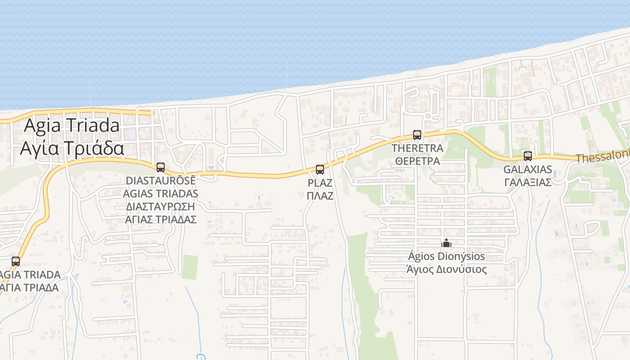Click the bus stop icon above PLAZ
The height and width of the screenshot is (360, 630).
coord(320,170)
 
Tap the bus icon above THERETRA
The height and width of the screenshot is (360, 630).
coord(417,135)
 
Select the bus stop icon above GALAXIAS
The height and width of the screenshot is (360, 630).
coord(528,156)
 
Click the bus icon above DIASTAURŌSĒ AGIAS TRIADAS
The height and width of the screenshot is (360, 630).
coord(161,167)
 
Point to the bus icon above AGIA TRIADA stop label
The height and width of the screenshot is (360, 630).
coord(16,261)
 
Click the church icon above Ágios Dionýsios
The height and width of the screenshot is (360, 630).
coord(446,243)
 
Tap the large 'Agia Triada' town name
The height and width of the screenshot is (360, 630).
coord(72,125)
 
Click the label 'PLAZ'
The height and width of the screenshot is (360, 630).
coord(320,183)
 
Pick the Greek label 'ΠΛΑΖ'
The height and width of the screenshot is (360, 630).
coord(320,196)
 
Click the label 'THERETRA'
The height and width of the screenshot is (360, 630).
coord(417,148)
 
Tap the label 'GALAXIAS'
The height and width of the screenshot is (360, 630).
coord(528,170)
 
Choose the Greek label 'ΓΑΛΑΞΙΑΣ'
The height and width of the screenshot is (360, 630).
coord(528,182)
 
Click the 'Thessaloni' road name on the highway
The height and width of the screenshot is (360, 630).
coord(603,157)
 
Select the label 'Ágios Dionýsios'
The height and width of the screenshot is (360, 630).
coord(446,256)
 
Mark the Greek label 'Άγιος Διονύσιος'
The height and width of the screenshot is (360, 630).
coord(446,270)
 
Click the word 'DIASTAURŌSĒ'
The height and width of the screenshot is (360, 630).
coord(161,180)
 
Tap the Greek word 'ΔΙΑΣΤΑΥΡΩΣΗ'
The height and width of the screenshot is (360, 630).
coord(161,207)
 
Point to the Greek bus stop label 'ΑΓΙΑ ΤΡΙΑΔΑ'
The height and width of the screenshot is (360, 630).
coord(30,288)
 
